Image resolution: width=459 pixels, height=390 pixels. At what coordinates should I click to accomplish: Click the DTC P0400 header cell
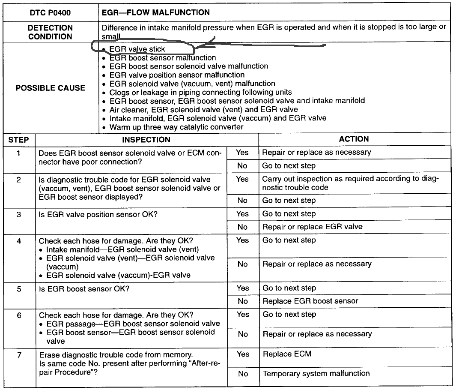[x=50, y=12]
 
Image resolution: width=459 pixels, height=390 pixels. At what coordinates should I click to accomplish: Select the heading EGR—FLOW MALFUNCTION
[x=156, y=12]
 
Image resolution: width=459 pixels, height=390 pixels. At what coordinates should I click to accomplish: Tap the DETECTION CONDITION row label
[x=50, y=32]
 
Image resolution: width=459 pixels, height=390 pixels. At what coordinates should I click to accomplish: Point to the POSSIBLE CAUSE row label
[x=50, y=88]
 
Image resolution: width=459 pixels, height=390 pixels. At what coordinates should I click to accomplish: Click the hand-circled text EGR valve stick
[x=137, y=49]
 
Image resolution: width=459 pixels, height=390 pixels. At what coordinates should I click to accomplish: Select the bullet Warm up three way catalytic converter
[x=176, y=127]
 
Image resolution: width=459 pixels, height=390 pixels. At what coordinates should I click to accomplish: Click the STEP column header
[x=19, y=140]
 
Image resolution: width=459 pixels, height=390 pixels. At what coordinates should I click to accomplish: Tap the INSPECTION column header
[x=146, y=140]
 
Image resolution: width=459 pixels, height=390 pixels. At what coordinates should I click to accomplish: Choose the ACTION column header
[x=354, y=139]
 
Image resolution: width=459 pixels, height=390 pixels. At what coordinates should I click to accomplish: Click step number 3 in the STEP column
[x=19, y=214]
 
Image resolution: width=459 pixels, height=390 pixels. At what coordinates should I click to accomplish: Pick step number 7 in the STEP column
[x=19, y=355]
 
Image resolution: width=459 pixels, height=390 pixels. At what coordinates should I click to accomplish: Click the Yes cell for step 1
[x=242, y=152]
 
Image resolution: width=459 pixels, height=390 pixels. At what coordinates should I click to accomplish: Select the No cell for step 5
[x=242, y=301]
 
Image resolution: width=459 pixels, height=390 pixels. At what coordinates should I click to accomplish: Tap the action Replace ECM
[x=287, y=354]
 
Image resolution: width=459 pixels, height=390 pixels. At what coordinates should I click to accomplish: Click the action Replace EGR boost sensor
[x=310, y=301]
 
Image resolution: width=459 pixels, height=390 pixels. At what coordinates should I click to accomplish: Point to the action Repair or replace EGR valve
[x=313, y=227]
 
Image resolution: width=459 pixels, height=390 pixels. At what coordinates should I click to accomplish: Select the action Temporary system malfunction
[x=316, y=374]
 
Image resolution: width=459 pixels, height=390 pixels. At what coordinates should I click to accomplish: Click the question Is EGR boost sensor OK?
[x=84, y=288]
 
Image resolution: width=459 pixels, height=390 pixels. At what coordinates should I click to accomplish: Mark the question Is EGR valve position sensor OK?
[x=98, y=214]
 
